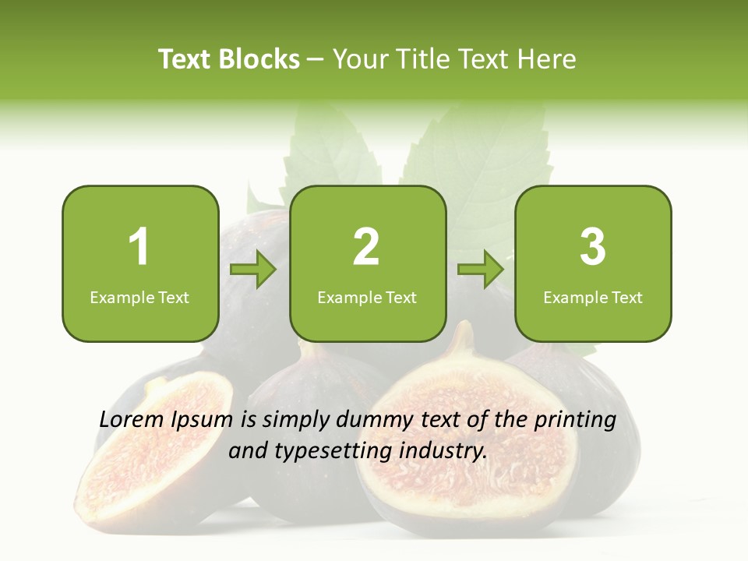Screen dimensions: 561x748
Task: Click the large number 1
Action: click(x=139, y=247)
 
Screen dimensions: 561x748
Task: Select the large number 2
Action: click(x=366, y=247)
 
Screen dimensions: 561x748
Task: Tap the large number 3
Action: click(x=593, y=247)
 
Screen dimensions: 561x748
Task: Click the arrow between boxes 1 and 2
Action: click(x=253, y=270)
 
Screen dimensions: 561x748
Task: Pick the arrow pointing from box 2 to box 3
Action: click(x=481, y=270)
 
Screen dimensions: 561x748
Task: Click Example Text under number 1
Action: click(x=139, y=298)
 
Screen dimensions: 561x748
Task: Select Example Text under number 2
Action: click(x=367, y=298)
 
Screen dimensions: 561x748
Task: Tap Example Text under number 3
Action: click(x=593, y=298)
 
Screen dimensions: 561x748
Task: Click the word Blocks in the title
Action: click(x=259, y=59)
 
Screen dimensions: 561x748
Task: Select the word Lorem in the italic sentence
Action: click(x=132, y=420)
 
